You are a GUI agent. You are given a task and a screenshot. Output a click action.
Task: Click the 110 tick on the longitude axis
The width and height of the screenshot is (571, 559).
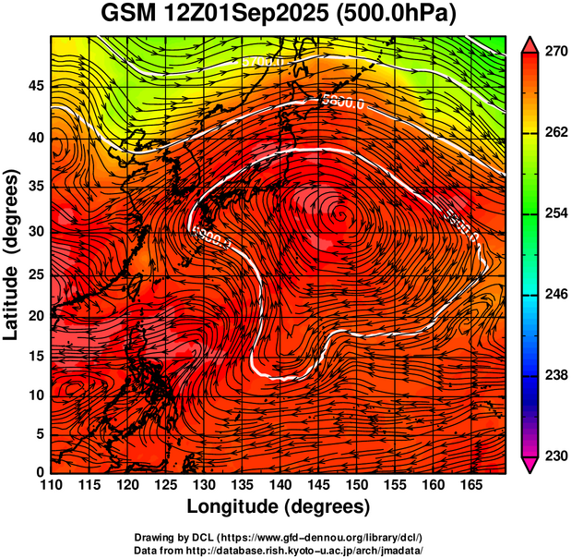[51, 485]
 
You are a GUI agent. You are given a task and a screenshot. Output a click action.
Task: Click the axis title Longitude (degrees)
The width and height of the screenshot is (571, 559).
[279, 506]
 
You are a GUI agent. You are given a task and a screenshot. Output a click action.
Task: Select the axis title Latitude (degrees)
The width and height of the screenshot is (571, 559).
[13, 254]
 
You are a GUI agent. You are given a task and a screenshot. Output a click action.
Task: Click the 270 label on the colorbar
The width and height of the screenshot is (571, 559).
[555, 53]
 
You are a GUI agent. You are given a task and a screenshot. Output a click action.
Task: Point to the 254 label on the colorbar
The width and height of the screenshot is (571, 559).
[555, 213]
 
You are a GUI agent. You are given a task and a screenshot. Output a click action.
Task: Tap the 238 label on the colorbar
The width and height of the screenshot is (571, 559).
[555, 375]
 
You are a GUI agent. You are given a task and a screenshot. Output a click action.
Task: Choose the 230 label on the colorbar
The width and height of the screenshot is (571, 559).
[555, 456]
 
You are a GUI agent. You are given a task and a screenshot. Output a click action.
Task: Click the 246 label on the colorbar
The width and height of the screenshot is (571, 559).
[555, 294]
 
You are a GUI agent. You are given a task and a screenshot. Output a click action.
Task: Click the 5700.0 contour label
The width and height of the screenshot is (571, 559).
[266, 61]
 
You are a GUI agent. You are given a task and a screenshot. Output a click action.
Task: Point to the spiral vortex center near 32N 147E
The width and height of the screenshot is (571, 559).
[342, 213]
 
